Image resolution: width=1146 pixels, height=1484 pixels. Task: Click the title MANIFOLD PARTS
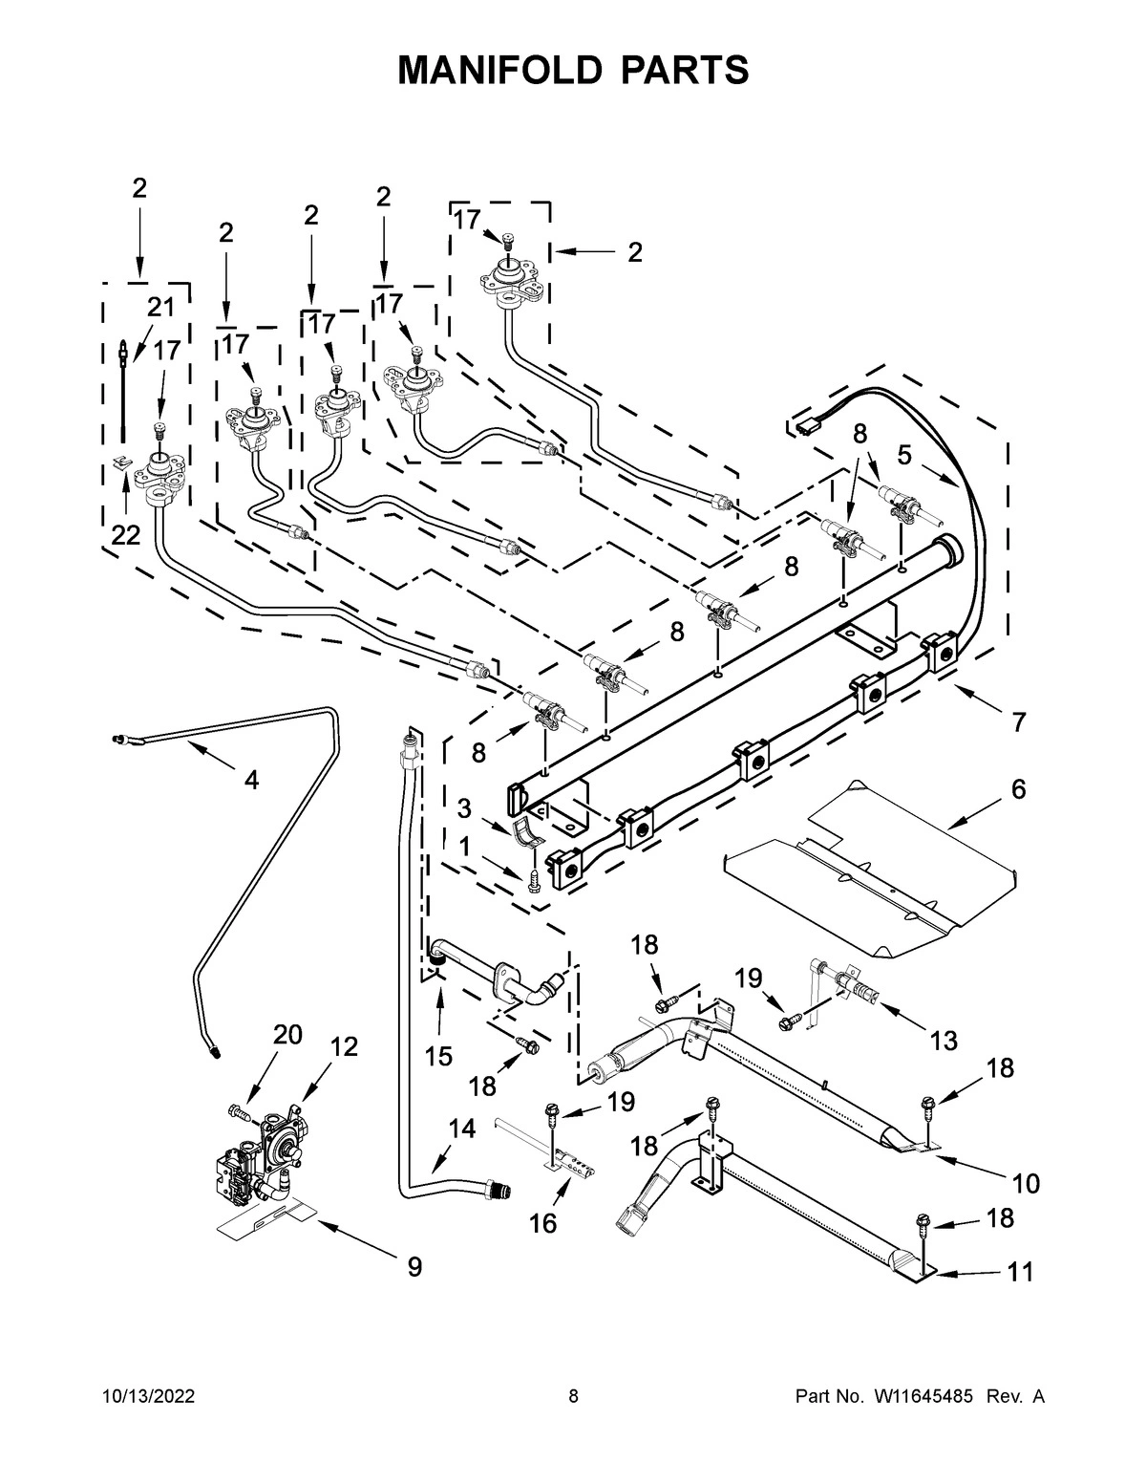[573, 71]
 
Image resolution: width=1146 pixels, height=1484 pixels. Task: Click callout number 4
[250, 780]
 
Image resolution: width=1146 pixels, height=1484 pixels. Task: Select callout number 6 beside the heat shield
[1018, 789]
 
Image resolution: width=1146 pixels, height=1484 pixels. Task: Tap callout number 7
[1019, 722]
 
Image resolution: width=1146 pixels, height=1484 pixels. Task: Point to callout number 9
[414, 1267]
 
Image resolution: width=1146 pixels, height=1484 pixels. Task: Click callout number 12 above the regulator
[344, 1046]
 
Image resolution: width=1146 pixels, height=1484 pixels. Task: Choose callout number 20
[287, 1034]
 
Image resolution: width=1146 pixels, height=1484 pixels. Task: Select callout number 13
[944, 1041]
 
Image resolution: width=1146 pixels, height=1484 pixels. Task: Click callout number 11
[1020, 1273]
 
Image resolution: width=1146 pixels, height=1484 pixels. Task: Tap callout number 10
[1025, 1184]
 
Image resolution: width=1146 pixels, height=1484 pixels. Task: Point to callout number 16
[542, 1223]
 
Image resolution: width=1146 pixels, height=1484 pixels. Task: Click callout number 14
[461, 1129]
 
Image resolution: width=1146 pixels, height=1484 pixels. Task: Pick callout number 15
[439, 1056]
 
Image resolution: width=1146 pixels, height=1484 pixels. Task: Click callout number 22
[125, 536]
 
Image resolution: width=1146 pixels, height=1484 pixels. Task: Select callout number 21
[160, 307]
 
